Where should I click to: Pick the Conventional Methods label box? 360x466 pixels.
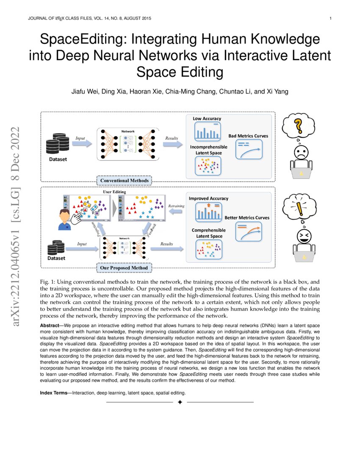pos(125,181)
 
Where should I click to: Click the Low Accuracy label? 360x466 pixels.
pos(207,119)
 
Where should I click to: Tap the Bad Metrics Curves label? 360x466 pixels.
pos(248,136)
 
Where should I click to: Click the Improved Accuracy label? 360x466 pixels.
pos(208,198)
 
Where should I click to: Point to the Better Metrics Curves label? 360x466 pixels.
pos(247,218)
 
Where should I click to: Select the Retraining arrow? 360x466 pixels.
pos(176,212)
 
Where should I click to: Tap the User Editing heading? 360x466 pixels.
pos(115,192)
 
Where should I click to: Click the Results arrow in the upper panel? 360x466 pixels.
pos(172,144)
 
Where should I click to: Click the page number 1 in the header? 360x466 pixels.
pos(330,18)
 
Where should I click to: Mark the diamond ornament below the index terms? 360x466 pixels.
pos(180,402)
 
